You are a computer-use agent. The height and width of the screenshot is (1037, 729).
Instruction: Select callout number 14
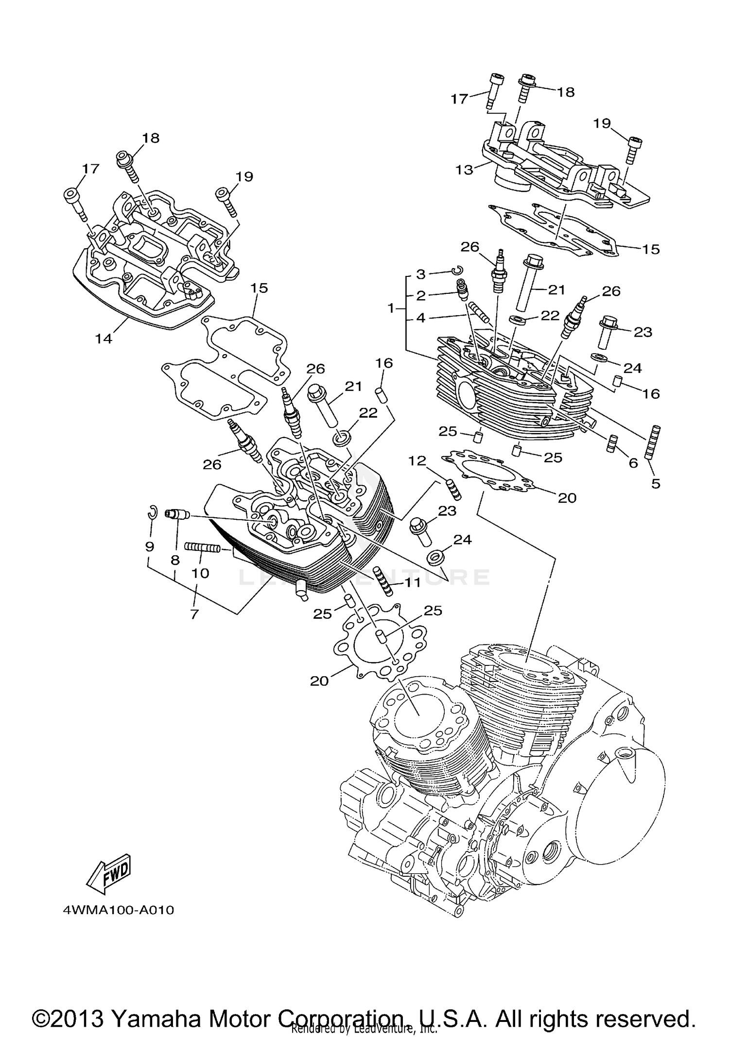click(104, 339)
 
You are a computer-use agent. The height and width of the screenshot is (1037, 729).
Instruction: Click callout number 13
click(464, 170)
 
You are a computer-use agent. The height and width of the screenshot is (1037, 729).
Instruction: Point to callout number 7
click(194, 614)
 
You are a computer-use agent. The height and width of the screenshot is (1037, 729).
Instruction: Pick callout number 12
click(417, 460)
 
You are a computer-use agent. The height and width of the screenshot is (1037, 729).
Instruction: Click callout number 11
click(413, 582)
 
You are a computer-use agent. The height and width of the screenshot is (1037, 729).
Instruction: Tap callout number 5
click(656, 484)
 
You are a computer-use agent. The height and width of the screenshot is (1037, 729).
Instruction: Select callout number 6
click(633, 463)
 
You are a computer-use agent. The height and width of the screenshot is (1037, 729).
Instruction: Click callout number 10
click(200, 573)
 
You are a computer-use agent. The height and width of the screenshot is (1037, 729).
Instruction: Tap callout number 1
click(391, 308)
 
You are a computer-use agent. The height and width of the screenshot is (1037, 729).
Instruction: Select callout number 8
click(175, 560)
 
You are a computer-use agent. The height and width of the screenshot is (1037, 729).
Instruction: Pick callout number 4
click(420, 318)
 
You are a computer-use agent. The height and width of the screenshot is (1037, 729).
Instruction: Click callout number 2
click(420, 296)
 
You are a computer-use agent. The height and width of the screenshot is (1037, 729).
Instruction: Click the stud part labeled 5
click(653, 441)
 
